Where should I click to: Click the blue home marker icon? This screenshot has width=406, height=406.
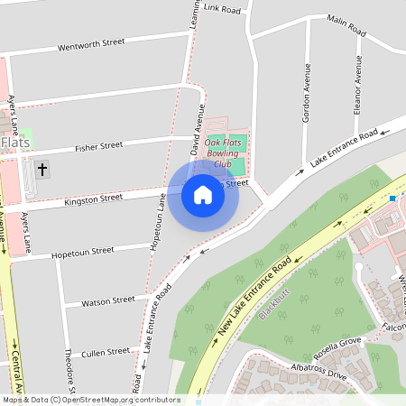[x=203, y=194]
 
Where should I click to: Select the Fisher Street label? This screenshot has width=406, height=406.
[x=98, y=145]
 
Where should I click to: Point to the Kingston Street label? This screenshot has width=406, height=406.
[x=93, y=198]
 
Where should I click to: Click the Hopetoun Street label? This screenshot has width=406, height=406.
[x=85, y=250]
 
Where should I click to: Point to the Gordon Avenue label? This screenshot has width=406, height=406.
[x=307, y=92]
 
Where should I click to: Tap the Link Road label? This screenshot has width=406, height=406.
[x=224, y=9]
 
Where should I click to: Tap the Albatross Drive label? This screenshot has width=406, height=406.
[x=312, y=374]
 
